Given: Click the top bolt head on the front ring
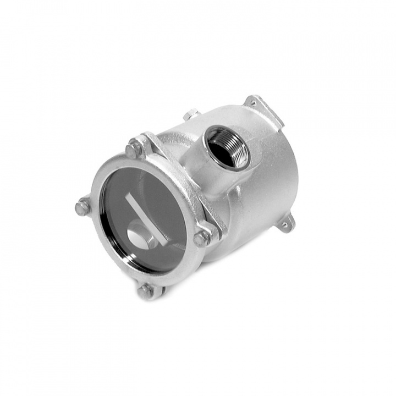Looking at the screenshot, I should (133, 148).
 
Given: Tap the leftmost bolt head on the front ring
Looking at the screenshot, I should (83, 208).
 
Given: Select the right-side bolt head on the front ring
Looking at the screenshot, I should (201, 238).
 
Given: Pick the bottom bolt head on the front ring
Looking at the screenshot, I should (145, 291).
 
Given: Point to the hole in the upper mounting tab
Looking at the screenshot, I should (253, 101).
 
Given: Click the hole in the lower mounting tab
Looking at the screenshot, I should (285, 224).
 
